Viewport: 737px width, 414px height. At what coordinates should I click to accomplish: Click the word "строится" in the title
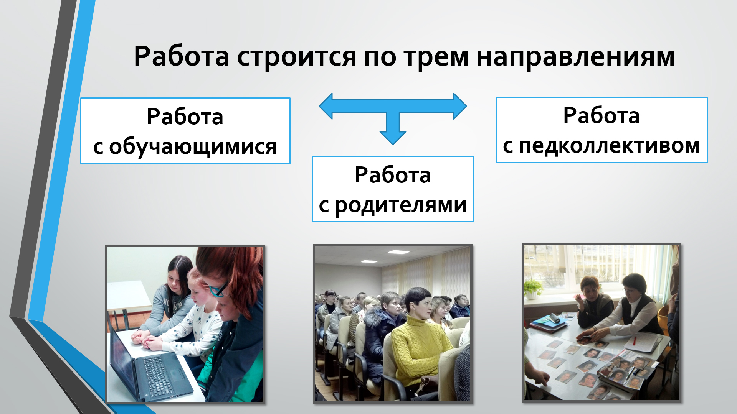296,57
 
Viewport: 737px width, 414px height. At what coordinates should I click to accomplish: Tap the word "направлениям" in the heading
575,57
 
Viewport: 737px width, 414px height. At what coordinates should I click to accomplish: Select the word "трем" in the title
436,57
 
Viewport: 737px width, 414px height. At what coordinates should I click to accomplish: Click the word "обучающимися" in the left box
193,147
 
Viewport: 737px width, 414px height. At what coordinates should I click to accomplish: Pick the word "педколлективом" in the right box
610,146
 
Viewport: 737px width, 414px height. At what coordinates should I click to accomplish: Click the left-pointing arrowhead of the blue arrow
326,107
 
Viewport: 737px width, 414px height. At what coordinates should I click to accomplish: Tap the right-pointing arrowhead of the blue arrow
460,106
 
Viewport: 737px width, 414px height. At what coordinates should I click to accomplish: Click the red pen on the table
635,340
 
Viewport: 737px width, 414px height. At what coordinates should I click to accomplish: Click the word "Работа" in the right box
601,115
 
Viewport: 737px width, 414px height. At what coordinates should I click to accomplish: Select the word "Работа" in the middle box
393,175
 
